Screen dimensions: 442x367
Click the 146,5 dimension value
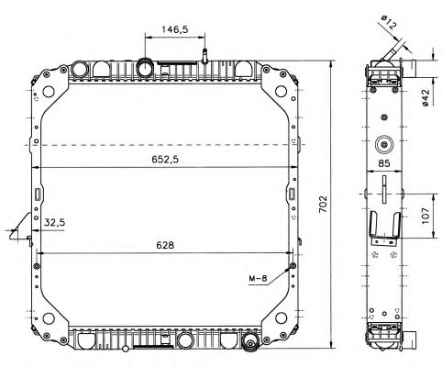click(x=175, y=29)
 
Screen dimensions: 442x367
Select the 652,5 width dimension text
click(x=165, y=160)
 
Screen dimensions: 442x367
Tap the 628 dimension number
click(x=165, y=245)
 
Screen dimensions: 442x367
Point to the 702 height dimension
click(x=323, y=204)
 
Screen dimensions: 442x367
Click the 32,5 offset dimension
click(x=54, y=222)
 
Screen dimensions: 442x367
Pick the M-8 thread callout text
click(x=258, y=278)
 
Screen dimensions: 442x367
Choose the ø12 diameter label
click(x=388, y=23)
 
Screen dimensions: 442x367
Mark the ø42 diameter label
click(x=425, y=98)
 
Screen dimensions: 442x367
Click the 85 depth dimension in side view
click(x=384, y=163)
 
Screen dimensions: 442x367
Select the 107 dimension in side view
click(x=425, y=216)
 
